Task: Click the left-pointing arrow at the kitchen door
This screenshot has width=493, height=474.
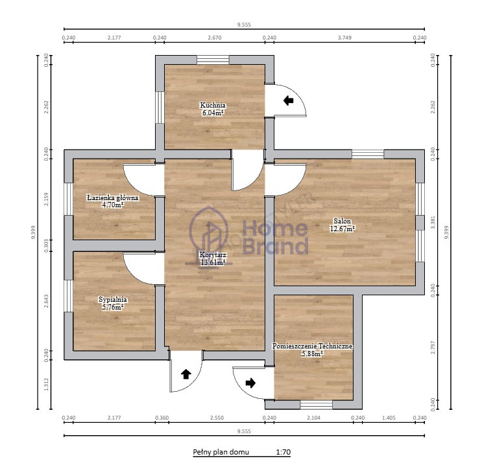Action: (288, 100)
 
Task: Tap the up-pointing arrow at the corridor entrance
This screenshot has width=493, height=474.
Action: (186, 374)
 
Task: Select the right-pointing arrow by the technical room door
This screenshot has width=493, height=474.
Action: (250, 383)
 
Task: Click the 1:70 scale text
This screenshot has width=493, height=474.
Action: (283, 453)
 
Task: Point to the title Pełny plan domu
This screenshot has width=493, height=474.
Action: (221, 453)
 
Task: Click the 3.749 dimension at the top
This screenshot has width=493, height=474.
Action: (344, 38)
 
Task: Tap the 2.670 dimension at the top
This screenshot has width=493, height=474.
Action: (215, 38)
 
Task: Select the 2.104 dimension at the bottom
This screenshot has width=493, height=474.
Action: (313, 418)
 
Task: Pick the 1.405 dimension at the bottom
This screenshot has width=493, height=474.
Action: (389, 418)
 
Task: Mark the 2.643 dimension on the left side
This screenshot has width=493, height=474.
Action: (46, 300)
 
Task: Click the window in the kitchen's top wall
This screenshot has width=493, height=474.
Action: (213, 60)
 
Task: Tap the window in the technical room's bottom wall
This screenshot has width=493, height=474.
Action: (317, 405)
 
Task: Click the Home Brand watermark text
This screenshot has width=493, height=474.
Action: (276, 237)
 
